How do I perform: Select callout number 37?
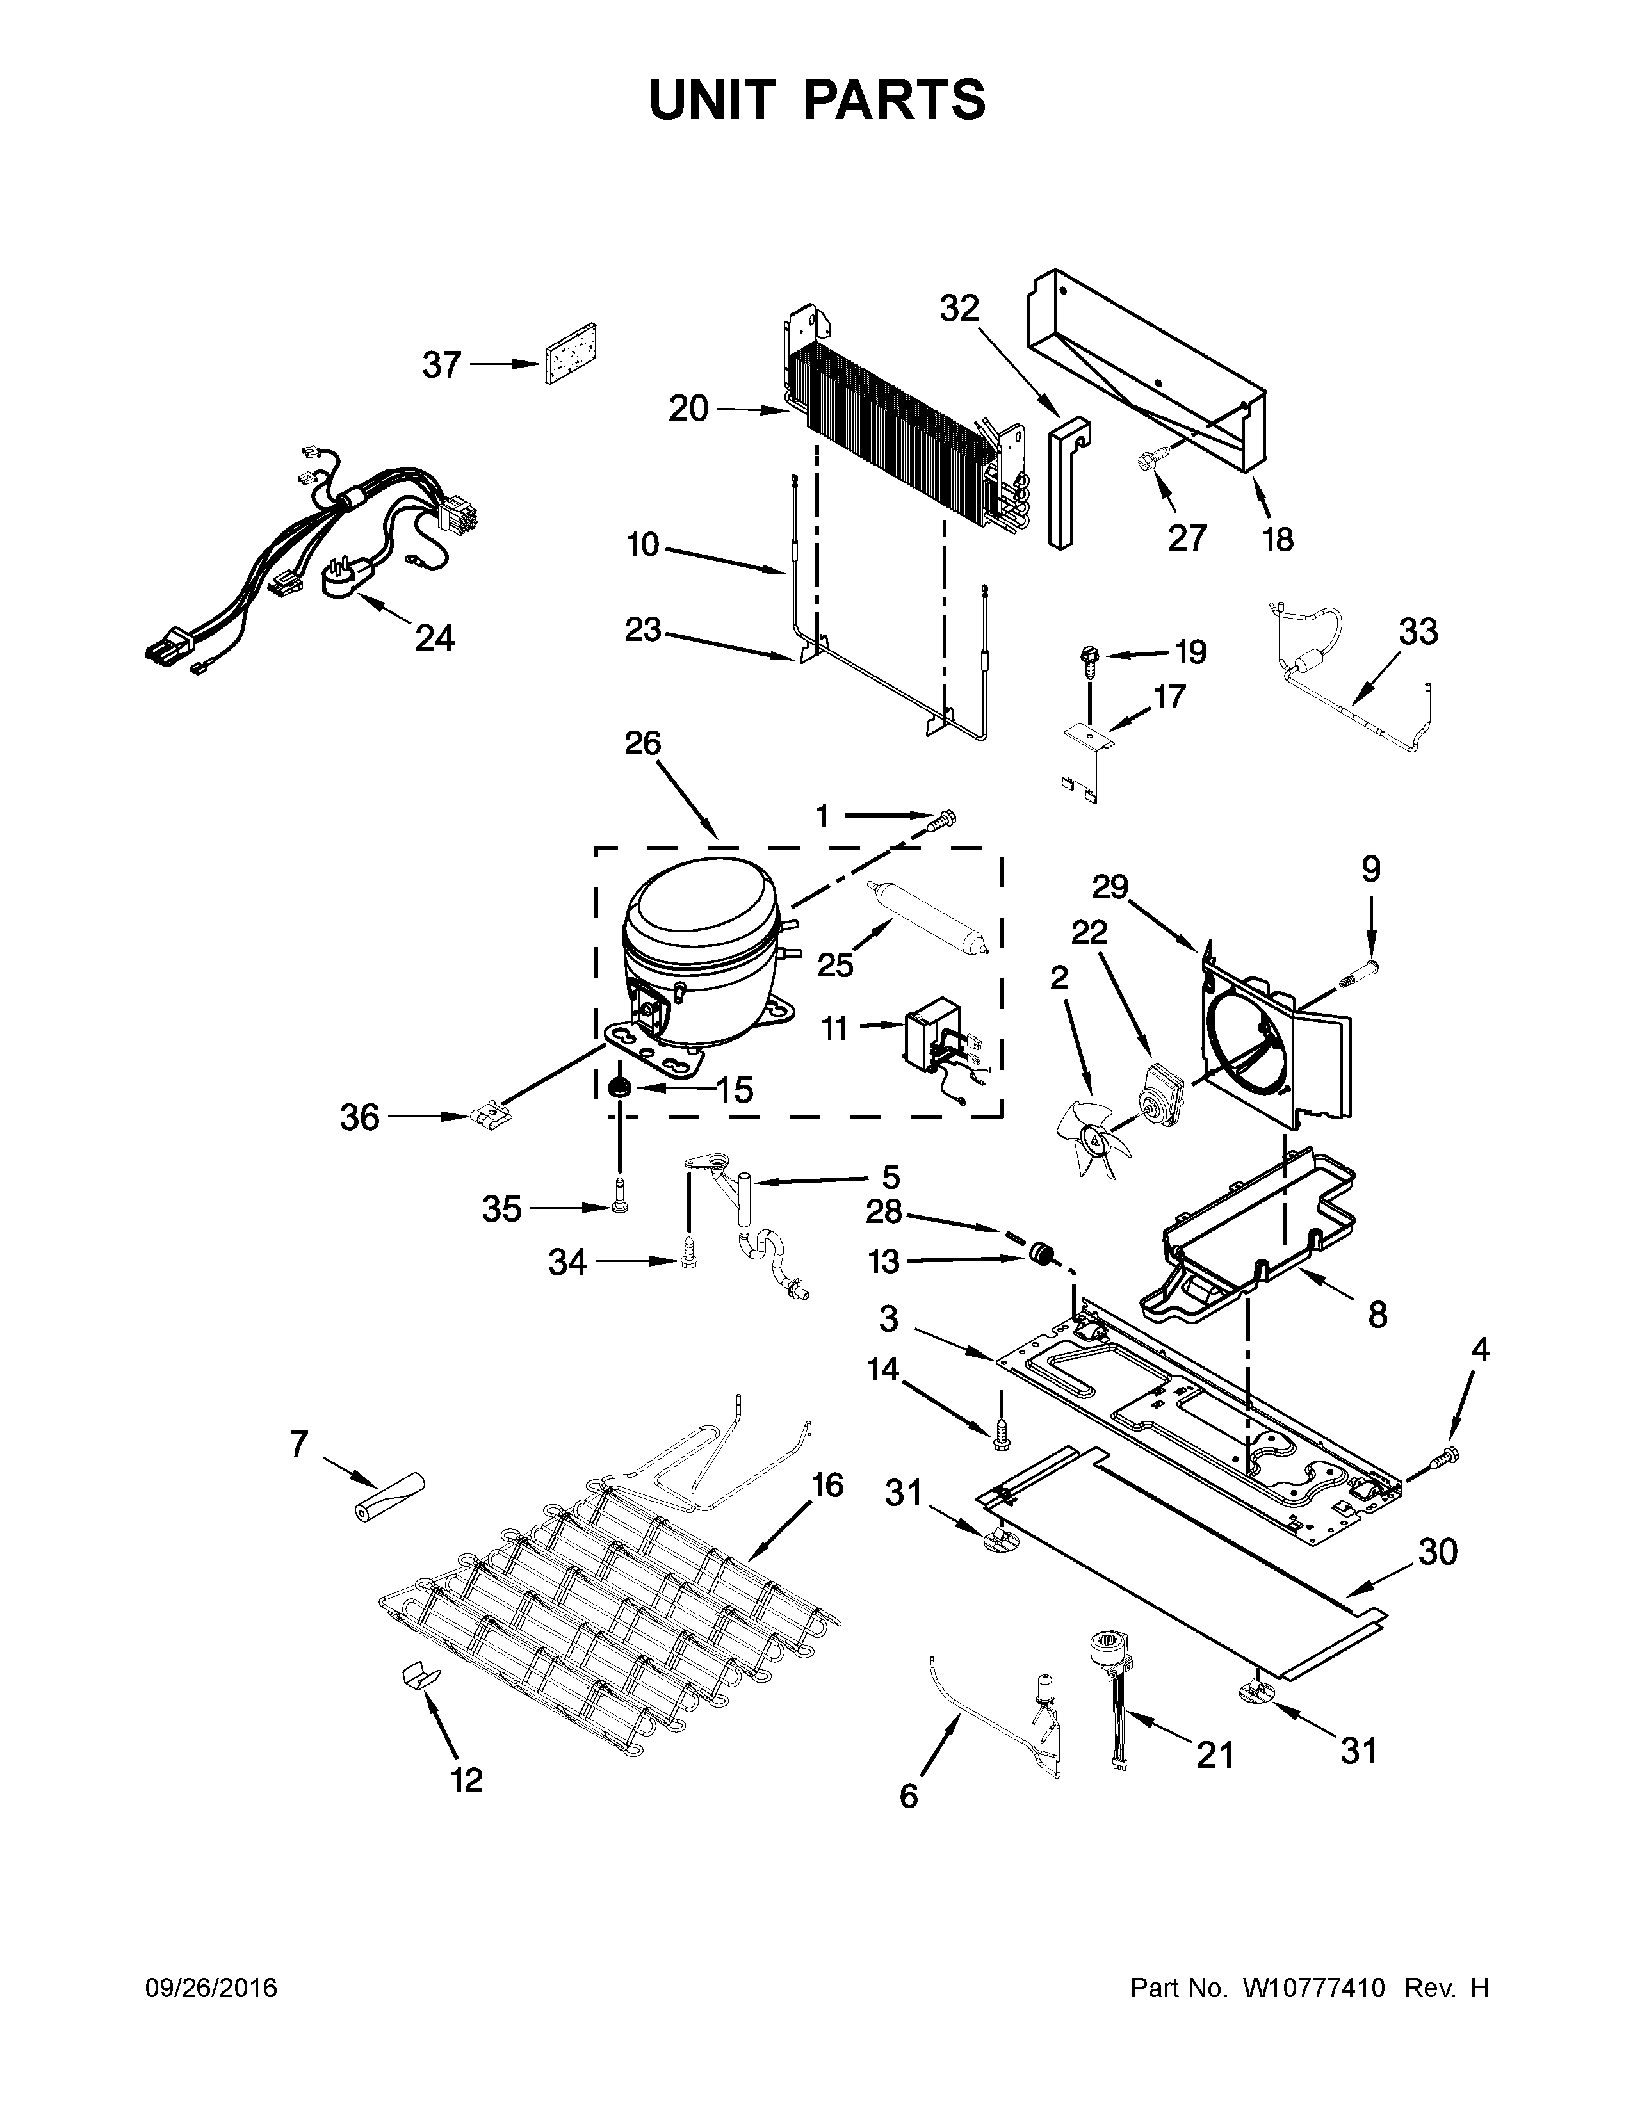tap(441, 366)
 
